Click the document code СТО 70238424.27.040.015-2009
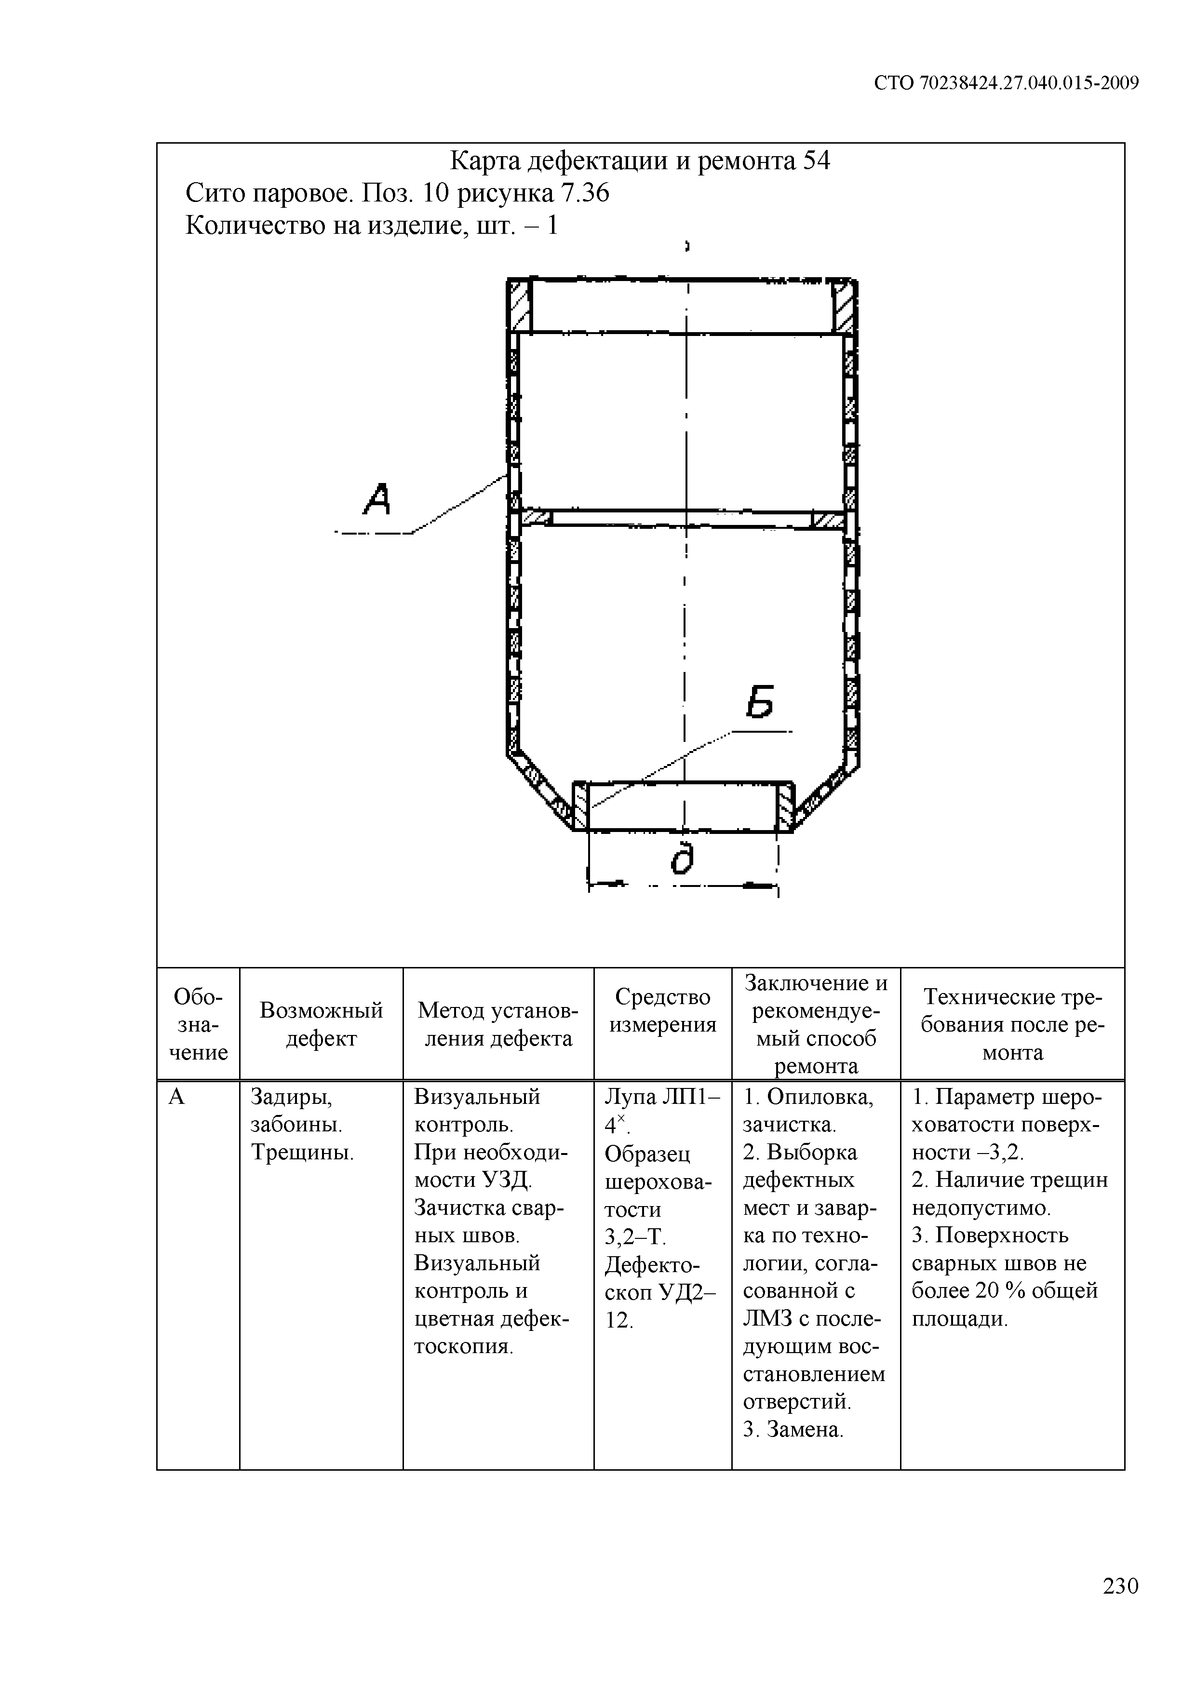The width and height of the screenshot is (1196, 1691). click(x=1006, y=83)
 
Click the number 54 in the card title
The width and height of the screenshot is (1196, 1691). click(x=816, y=161)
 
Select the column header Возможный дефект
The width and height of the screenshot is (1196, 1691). click(x=321, y=1024)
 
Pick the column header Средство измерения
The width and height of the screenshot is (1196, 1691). click(x=663, y=1010)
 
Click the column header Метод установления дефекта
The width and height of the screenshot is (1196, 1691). click(x=498, y=1024)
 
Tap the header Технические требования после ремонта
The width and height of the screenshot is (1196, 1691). click(x=1013, y=1024)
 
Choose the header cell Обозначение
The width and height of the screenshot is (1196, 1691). click(x=198, y=1024)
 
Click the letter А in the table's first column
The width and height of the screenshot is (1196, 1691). click(x=177, y=1098)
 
